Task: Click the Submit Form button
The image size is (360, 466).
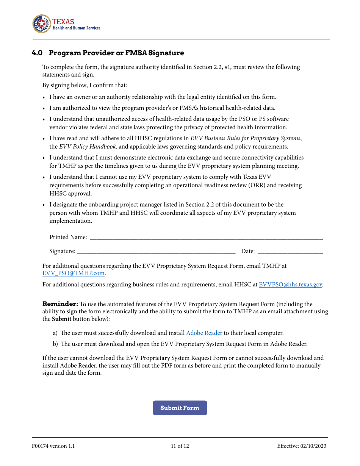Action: pyautogui.click(x=180, y=408)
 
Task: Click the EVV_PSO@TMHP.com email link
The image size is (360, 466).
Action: pyautogui.click(x=73, y=273)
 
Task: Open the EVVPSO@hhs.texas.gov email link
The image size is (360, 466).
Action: pyautogui.click(x=290, y=285)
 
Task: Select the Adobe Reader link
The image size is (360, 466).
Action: pyautogui.click(x=204, y=333)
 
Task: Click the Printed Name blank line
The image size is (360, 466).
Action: pyautogui.click(x=206, y=237)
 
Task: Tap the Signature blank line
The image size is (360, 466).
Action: pyautogui.click(x=156, y=251)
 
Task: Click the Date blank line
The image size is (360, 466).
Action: pyautogui.click(x=290, y=251)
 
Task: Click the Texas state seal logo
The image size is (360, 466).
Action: pyautogui.click(x=41, y=24)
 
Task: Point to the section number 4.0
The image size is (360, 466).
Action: pyautogui.click(x=37, y=53)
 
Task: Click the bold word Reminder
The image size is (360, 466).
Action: pyautogui.click(x=60, y=304)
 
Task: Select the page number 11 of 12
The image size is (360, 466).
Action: pyautogui.click(x=180, y=446)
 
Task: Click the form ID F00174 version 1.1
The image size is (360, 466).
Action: pyautogui.click(x=53, y=446)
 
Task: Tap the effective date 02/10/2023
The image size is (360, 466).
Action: pyautogui.click(x=313, y=446)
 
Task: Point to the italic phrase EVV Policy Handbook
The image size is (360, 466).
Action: pyautogui.click(x=87, y=147)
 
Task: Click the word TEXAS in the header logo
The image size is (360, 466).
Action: pyautogui.click(x=63, y=22)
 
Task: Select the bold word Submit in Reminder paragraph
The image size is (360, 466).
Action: pyautogui.click(x=61, y=319)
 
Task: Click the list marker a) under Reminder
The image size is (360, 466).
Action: pyautogui.click(x=55, y=333)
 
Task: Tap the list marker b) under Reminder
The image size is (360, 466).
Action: pyautogui.click(x=55, y=344)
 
